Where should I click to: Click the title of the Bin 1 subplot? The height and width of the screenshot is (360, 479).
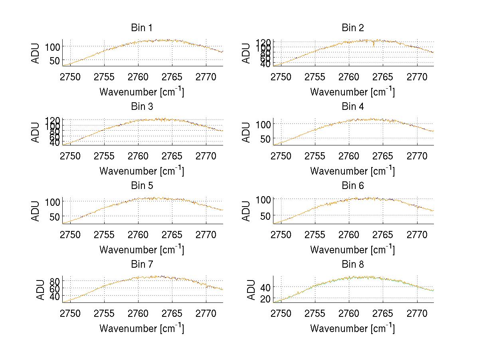pos(141,28)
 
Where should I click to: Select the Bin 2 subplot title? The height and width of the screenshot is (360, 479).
pos(352,28)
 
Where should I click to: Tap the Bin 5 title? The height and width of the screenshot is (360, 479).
pos(141,186)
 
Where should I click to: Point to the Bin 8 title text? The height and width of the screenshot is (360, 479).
pos(352,265)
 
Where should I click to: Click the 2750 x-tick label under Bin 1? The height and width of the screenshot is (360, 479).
pos(70,77)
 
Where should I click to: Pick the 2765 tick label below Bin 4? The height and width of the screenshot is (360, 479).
pos(383,155)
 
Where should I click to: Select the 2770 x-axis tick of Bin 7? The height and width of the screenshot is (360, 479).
pos(206,313)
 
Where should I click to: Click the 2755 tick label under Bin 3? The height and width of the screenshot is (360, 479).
pos(105,155)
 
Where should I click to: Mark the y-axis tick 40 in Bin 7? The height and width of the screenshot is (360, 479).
pos(55,296)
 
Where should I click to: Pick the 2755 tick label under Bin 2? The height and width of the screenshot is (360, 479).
pos(315,77)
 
